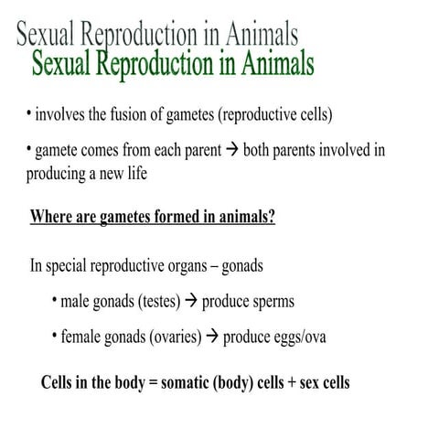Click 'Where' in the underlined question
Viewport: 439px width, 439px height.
pyautogui.click(x=53, y=218)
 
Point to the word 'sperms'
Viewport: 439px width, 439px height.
pyautogui.click(x=273, y=301)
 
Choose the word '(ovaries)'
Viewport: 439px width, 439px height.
pyautogui.click(x=166, y=337)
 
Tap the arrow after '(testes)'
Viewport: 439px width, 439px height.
pyautogui.click(x=191, y=301)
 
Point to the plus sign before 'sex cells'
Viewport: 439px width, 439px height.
pyautogui.click(x=292, y=382)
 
